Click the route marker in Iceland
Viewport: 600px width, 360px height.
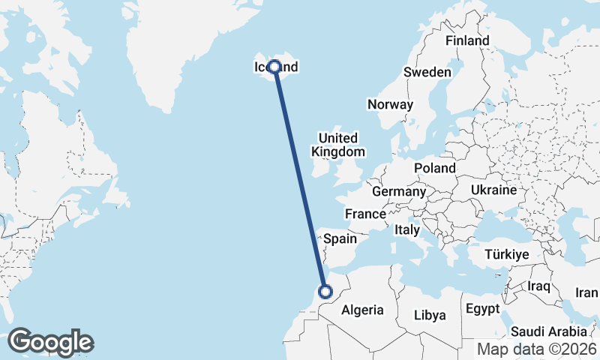(275, 67)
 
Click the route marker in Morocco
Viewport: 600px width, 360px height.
(325, 292)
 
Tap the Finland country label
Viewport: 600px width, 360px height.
(466, 40)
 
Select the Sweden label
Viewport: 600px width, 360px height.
(427, 72)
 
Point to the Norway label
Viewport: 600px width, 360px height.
(390, 104)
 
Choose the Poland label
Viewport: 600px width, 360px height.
(434, 168)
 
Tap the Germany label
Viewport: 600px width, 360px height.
(398, 192)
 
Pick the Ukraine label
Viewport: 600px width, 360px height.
(493, 190)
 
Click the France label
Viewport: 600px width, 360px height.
(365, 214)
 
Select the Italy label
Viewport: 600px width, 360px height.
(407, 229)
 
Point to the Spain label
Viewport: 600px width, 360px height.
(339, 239)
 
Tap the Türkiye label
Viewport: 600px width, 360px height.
(507, 255)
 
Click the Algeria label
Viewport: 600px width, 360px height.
(362, 309)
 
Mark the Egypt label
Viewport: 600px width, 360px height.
(482, 309)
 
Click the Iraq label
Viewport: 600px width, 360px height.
(538, 286)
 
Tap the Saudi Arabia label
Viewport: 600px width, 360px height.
(548, 331)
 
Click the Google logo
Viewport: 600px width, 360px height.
(50, 342)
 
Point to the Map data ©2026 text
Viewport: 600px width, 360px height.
(537, 349)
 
